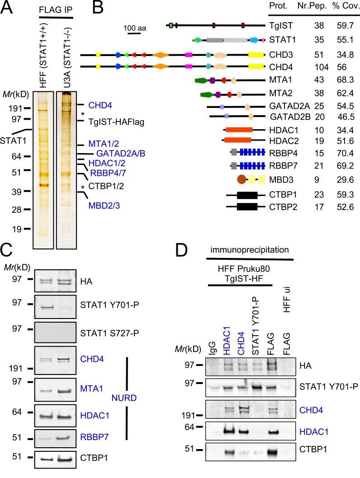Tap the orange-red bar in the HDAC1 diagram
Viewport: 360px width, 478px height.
(x=238, y=130)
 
